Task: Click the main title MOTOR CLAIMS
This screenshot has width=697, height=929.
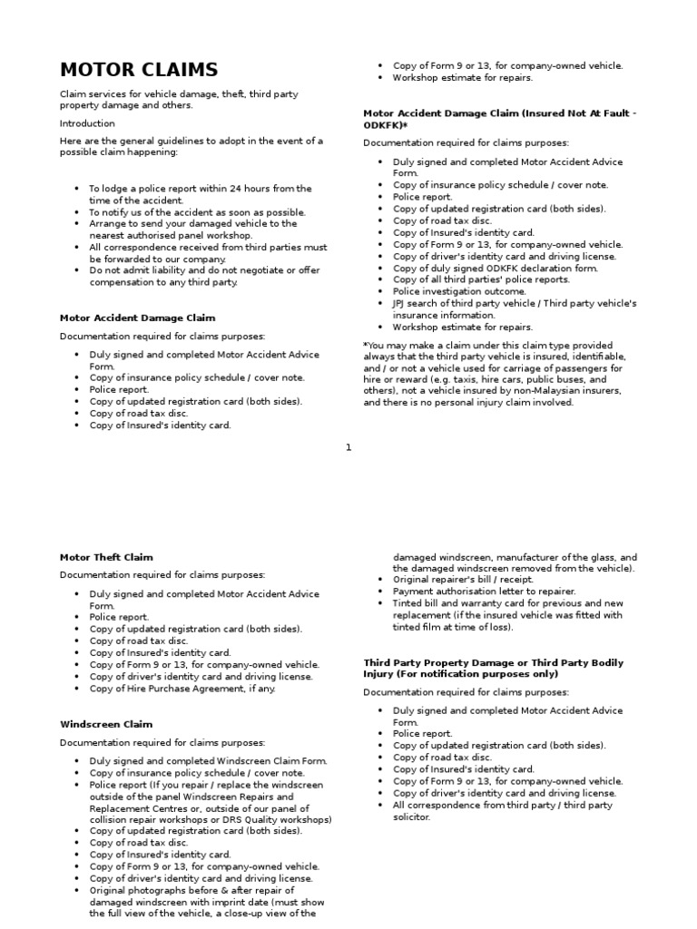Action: click(x=139, y=70)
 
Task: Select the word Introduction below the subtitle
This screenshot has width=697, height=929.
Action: click(x=87, y=123)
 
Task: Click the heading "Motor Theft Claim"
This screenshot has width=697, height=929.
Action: click(x=106, y=557)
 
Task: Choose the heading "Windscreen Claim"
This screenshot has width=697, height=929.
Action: click(x=106, y=724)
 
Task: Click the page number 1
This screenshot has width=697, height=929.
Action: click(x=348, y=446)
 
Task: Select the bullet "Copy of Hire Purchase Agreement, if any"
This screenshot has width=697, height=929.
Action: click(x=182, y=688)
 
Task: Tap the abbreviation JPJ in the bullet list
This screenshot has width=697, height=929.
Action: click(x=402, y=303)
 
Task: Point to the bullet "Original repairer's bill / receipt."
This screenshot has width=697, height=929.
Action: click(x=462, y=579)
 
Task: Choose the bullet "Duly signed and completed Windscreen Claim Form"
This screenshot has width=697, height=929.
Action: click(x=208, y=760)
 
